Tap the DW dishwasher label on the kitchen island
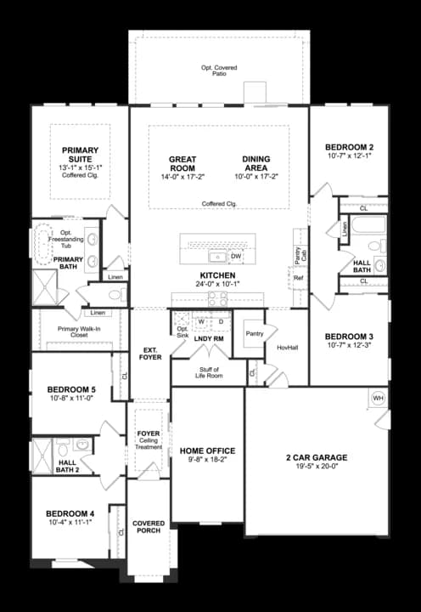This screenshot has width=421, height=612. coord(236,255)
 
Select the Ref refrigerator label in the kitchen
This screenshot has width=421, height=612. coord(298,278)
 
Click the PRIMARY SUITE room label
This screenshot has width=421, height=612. coord(81,155)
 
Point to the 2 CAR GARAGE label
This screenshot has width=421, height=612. coord(317,457)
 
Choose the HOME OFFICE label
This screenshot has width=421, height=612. coord(208,450)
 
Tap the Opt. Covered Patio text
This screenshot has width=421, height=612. coord(219,69)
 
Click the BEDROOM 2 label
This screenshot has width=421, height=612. coord(349,147)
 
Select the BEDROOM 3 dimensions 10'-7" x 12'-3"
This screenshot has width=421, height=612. coord(349,345)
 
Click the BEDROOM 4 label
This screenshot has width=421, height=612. coord(70,513)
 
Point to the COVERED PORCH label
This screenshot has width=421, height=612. coord(149,527)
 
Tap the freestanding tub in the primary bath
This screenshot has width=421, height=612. coord(43,244)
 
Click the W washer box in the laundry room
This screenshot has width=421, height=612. coord(202,322)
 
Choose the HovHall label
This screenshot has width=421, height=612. coord(287,348)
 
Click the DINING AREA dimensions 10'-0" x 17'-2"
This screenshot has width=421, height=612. coord(256,177)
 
